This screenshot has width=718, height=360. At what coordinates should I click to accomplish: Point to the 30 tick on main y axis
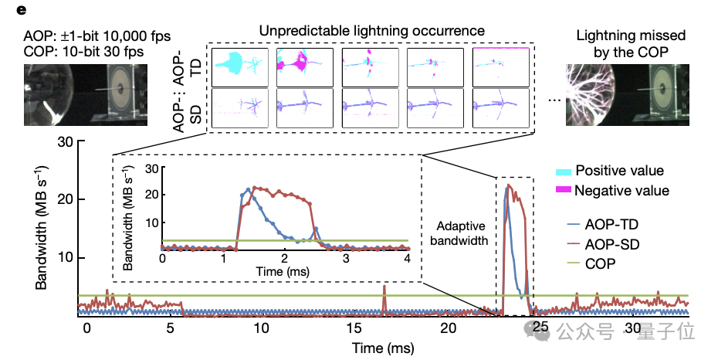coord(65,141)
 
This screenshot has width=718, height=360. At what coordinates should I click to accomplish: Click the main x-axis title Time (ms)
coord(383,348)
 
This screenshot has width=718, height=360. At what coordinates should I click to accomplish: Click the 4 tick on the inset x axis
coord(408,259)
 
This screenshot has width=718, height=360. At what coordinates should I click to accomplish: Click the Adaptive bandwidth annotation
coord(462,233)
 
